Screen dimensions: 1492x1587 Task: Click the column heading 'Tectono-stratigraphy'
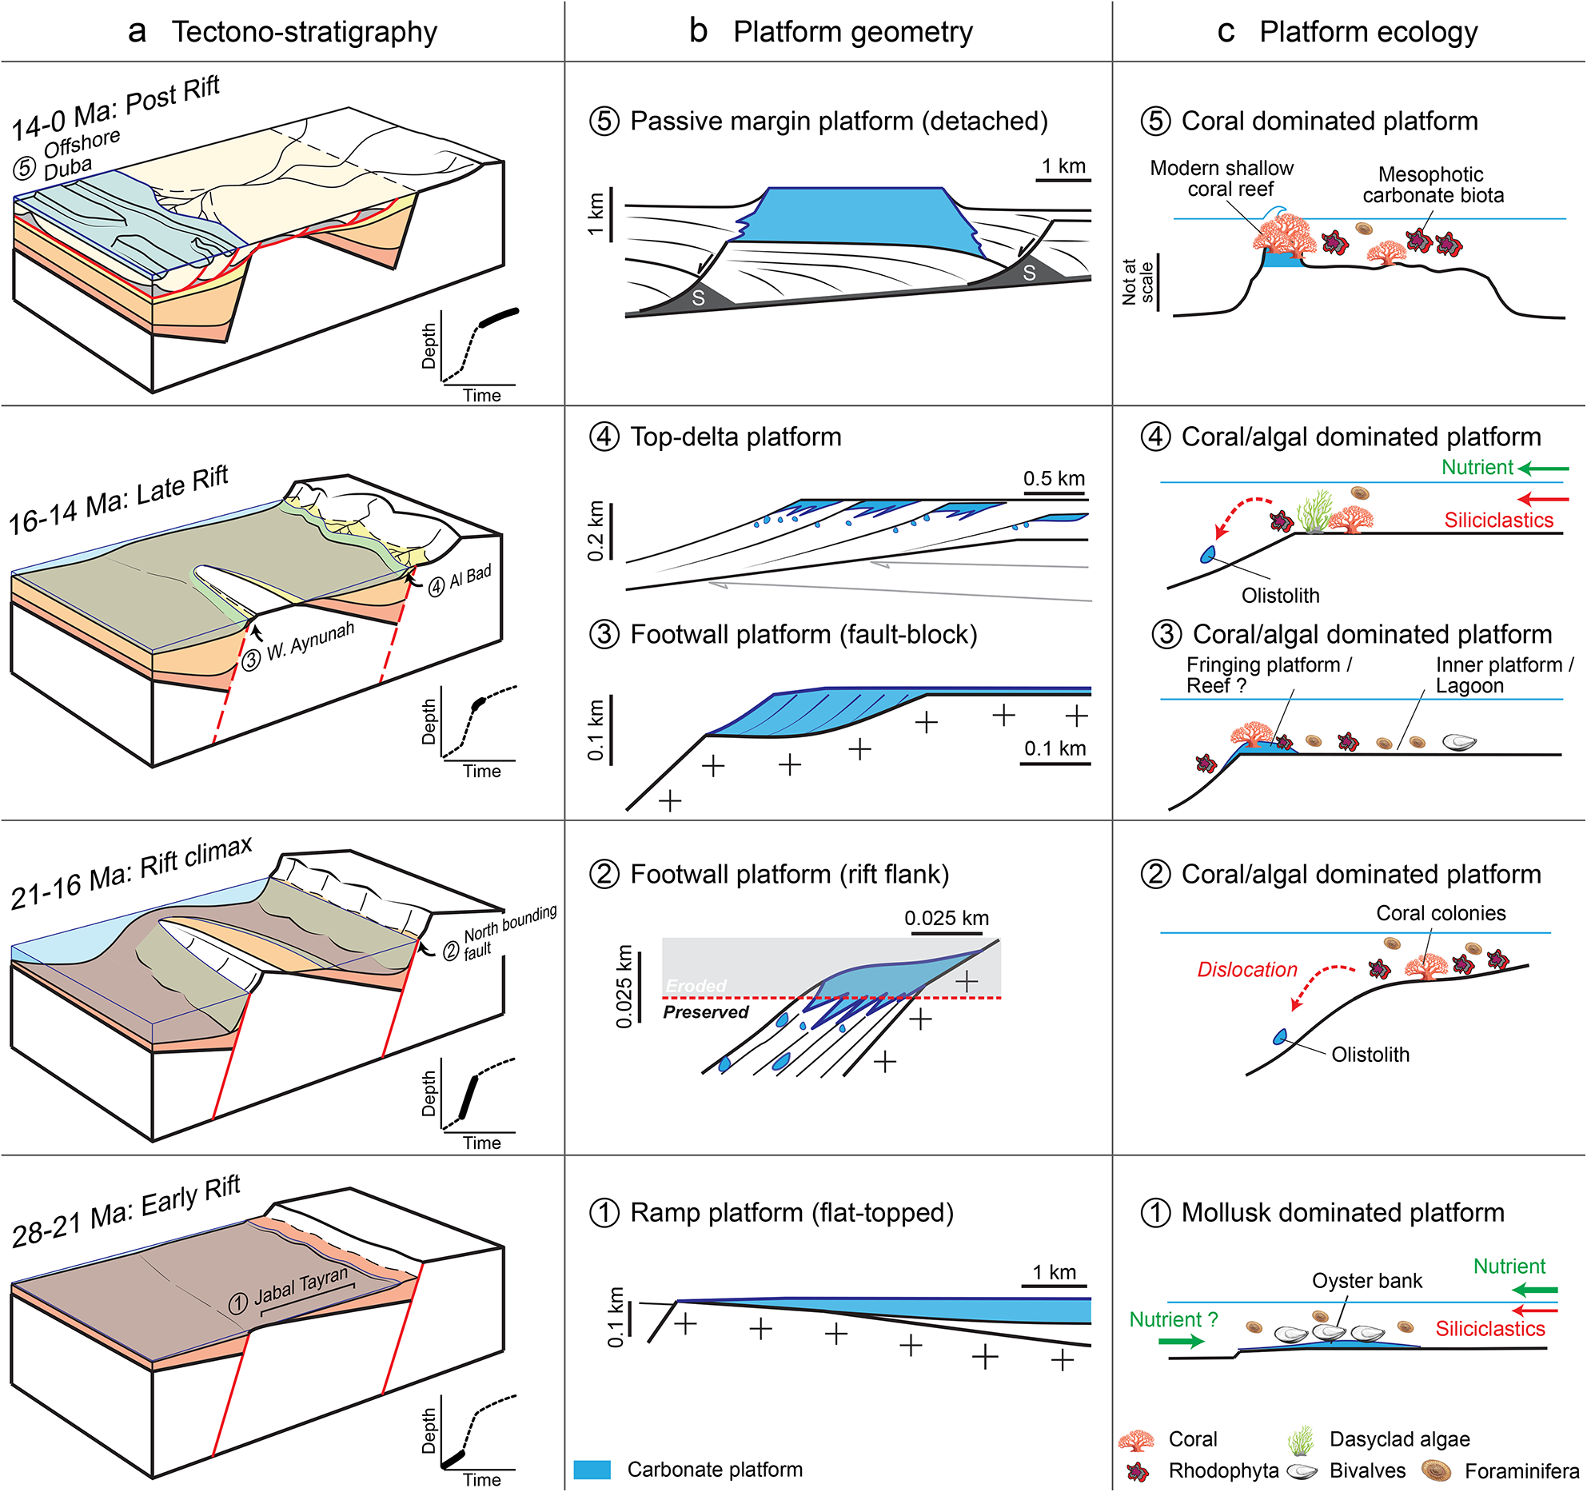click(304, 32)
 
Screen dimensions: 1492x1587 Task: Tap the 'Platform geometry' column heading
click(852, 32)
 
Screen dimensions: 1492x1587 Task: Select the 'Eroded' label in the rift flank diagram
click(696, 986)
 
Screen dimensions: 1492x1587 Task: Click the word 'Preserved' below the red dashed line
click(705, 1012)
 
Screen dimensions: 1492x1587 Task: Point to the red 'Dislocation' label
click(1246, 970)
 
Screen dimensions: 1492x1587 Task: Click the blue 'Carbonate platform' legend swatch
click(592, 1470)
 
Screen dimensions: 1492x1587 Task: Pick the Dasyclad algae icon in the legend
click(1302, 1439)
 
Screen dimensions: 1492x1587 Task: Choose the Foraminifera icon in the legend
click(1437, 1470)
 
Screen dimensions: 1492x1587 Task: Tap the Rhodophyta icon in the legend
click(1138, 1471)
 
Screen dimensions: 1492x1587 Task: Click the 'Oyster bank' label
click(1367, 1281)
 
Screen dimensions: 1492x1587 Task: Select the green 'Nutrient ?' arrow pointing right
click(1181, 1341)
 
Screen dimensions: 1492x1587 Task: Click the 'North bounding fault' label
click(508, 932)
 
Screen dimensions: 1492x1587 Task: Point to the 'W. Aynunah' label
click(309, 642)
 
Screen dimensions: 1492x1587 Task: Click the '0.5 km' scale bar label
click(1054, 478)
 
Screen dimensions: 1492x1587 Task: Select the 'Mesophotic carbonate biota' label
click(1433, 185)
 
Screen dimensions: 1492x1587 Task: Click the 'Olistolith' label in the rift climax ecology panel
click(1370, 1055)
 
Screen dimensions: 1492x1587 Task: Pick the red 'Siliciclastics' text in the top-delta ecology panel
click(1498, 521)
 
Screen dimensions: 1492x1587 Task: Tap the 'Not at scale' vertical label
click(1138, 281)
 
